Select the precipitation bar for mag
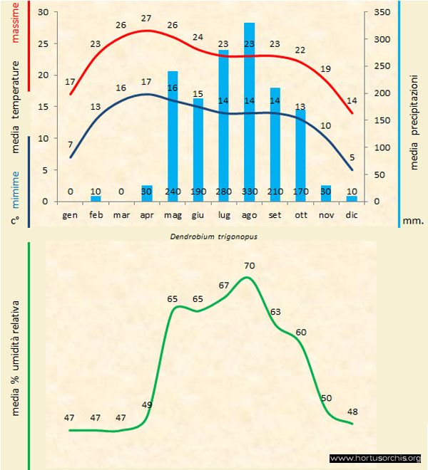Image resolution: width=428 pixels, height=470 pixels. point(173,135)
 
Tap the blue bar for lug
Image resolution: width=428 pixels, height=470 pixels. point(223,125)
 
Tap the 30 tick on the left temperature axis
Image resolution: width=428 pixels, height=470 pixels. point(44,13)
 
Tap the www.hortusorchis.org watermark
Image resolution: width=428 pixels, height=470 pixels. point(375,458)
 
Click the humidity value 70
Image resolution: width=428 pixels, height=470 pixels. point(249,266)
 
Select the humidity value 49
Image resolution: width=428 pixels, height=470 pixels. point(147,405)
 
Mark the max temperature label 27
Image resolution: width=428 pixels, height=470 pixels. point(147,18)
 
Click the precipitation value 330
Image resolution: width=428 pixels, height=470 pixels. point(250,192)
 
